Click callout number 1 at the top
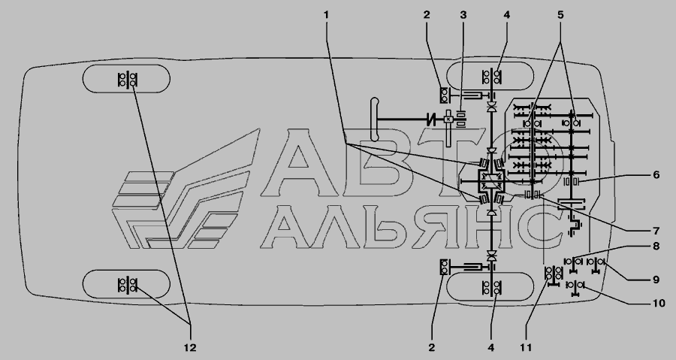tap(327, 15)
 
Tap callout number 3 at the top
tap(463, 15)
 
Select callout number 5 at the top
tap(560, 15)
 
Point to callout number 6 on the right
tap(656, 174)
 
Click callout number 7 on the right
tap(656, 230)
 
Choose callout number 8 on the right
tap(656, 247)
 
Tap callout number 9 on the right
tap(656, 280)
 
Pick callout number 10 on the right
tap(659, 304)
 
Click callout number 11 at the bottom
tap(526, 347)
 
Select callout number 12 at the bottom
tap(190, 347)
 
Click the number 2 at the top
tap(427, 15)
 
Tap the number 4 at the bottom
tap(491, 347)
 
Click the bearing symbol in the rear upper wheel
tap(127, 80)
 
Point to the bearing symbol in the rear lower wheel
tap(127, 285)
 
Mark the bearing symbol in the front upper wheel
tap(491, 77)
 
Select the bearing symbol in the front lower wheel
tap(491, 288)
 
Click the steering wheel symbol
tap(374, 119)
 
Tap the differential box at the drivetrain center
tap(490, 181)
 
